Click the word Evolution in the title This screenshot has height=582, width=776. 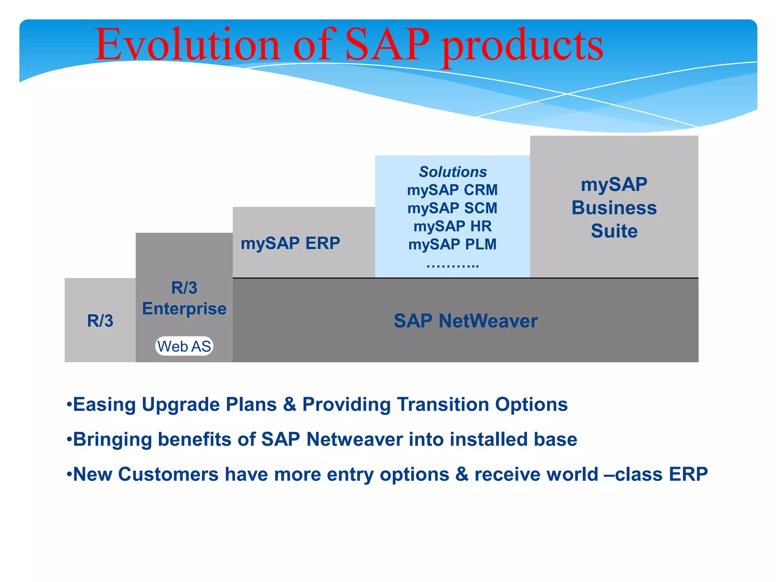point(187,45)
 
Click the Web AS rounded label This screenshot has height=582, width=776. point(184,346)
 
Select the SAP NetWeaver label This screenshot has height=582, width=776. point(465,321)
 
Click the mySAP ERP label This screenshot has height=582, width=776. point(290,243)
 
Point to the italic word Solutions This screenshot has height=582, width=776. point(453,172)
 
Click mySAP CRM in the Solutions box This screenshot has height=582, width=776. point(452,190)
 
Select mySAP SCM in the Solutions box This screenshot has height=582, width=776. point(452,208)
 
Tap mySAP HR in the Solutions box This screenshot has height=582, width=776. point(452,226)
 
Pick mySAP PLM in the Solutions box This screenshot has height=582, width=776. point(452,244)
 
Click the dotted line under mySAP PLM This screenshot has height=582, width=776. point(452,266)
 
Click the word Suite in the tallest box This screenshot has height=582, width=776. point(614,231)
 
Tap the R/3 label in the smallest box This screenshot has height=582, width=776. point(100,321)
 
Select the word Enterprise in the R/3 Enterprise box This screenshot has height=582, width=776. point(184,309)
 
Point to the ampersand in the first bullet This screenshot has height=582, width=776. point(289,404)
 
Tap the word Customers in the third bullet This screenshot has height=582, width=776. point(168,474)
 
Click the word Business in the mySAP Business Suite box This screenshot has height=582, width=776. point(614,208)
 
